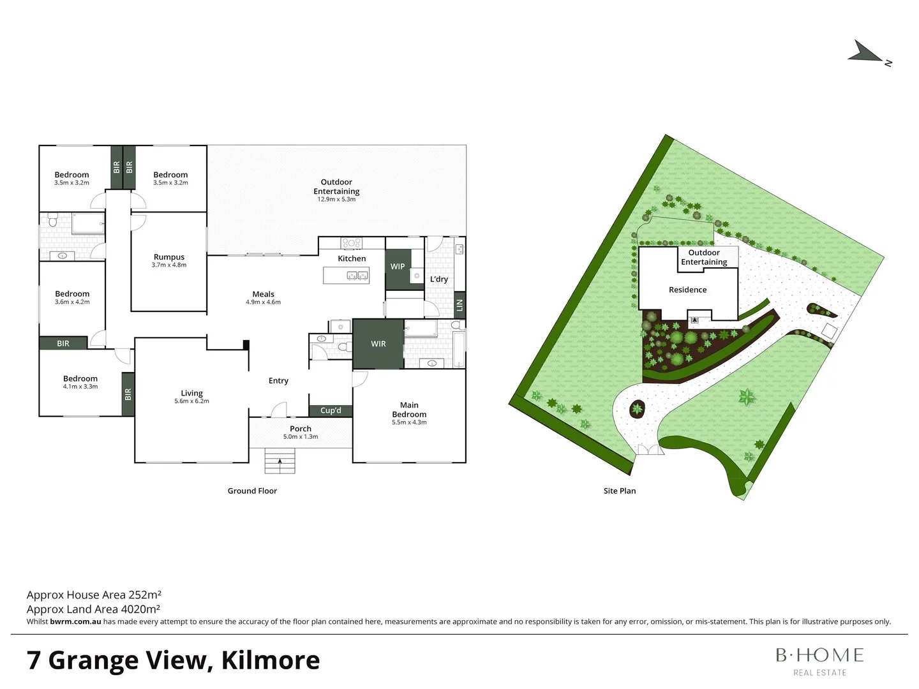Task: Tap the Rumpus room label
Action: pyautogui.click(x=169, y=257)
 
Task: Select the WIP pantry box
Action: pyautogui.click(x=398, y=267)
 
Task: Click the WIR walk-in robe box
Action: pyautogui.click(x=378, y=344)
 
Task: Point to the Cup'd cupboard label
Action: pyautogui.click(x=331, y=411)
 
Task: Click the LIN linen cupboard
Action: pyautogui.click(x=459, y=306)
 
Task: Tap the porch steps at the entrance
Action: pyautogui.click(x=280, y=461)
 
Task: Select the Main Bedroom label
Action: pyautogui.click(x=409, y=410)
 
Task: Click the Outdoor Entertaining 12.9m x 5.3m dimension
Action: pyautogui.click(x=336, y=200)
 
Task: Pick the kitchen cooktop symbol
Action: pyautogui.click(x=352, y=243)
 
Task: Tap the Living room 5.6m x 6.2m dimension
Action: pyautogui.click(x=191, y=401)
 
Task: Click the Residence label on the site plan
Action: pyautogui.click(x=687, y=290)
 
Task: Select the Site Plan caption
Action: pyautogui.click(x=619, y=491)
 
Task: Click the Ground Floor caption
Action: pyautogui.click(x=252, y=491)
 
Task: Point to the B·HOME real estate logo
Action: pyautogui.click(x=819, y=660)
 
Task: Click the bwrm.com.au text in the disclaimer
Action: pyautogui.click(x=75, y=622)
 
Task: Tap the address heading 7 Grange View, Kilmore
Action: pyautogui.click(x=173, y=660)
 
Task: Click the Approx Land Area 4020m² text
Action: pyautogui.click(x=93, y=609)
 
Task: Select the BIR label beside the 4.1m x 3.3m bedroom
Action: pyautogui.click(x=128, y=394)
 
